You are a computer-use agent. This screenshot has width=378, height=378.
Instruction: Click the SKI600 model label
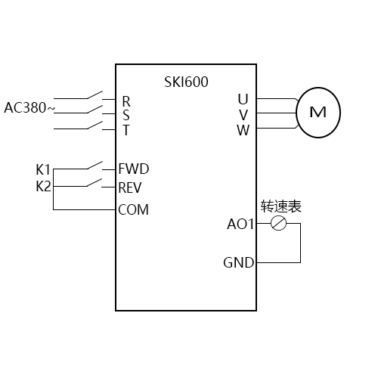186,82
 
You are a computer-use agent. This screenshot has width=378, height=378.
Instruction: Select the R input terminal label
126,101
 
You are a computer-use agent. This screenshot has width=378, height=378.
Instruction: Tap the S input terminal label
126,115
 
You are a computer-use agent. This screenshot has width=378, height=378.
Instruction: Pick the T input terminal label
126,129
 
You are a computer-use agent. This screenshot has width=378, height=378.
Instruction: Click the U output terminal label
243,99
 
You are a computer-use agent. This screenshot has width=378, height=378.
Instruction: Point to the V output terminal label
243,114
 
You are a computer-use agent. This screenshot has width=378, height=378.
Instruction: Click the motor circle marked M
318,112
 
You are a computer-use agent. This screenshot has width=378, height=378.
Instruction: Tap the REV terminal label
132,187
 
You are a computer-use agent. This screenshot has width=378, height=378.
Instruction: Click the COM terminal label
134,209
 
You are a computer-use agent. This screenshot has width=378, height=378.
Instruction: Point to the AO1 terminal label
241,224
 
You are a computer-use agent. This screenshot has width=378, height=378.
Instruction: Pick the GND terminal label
239,263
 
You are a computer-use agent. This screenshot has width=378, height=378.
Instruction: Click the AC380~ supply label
29,107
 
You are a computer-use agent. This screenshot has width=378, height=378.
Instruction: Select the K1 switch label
43,169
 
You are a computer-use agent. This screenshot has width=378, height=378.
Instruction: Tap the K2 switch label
43,185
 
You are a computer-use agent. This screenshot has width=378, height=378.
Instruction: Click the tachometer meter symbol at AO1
278,224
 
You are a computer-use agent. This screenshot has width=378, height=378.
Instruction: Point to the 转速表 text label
280,206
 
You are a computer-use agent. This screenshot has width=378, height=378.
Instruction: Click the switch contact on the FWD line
94,165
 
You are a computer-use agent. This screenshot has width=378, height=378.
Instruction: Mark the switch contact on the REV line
94,184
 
